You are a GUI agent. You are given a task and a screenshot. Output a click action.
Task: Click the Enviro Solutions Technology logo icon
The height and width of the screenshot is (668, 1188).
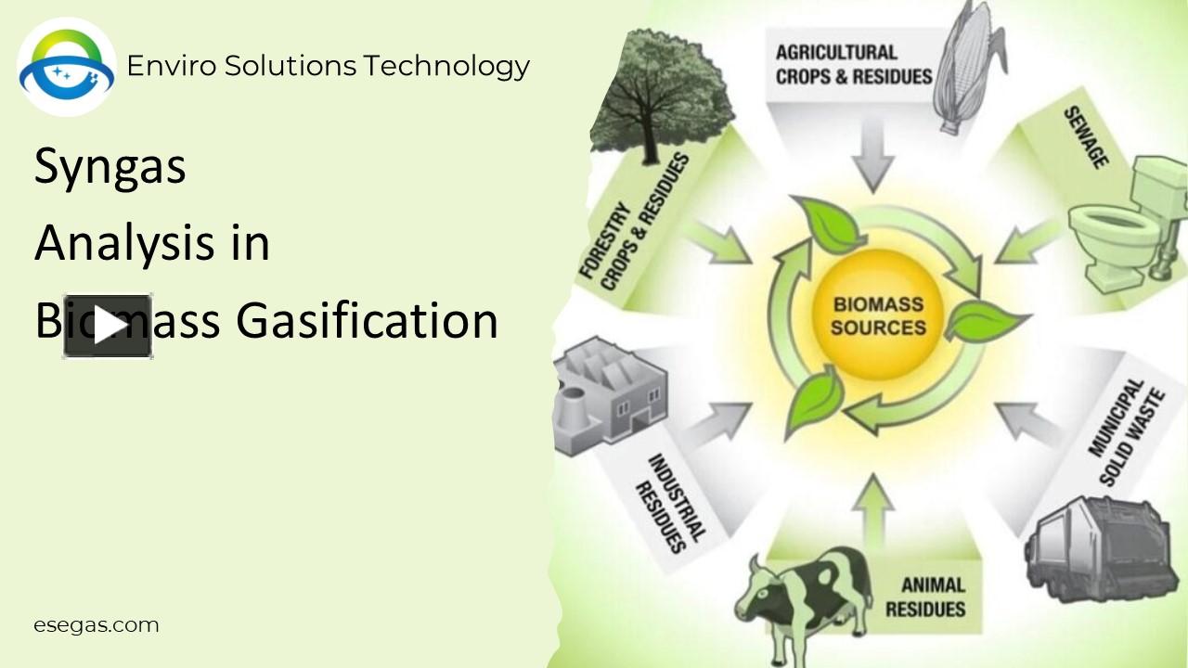pos(67,67)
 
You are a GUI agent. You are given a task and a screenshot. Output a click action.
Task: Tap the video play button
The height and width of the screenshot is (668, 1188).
pos(107,326)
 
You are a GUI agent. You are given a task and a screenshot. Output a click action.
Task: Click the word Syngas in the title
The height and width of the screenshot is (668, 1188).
pos(110,167)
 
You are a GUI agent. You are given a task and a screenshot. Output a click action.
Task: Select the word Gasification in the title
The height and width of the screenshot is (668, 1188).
pos(367,321)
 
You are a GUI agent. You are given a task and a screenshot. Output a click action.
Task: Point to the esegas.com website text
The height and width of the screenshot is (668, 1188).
pos(97,625)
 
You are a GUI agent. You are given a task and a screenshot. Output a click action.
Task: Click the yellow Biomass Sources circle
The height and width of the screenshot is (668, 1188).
pos(878,315)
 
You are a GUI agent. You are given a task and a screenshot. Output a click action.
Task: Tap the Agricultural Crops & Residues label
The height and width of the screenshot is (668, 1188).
pos(853,65)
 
